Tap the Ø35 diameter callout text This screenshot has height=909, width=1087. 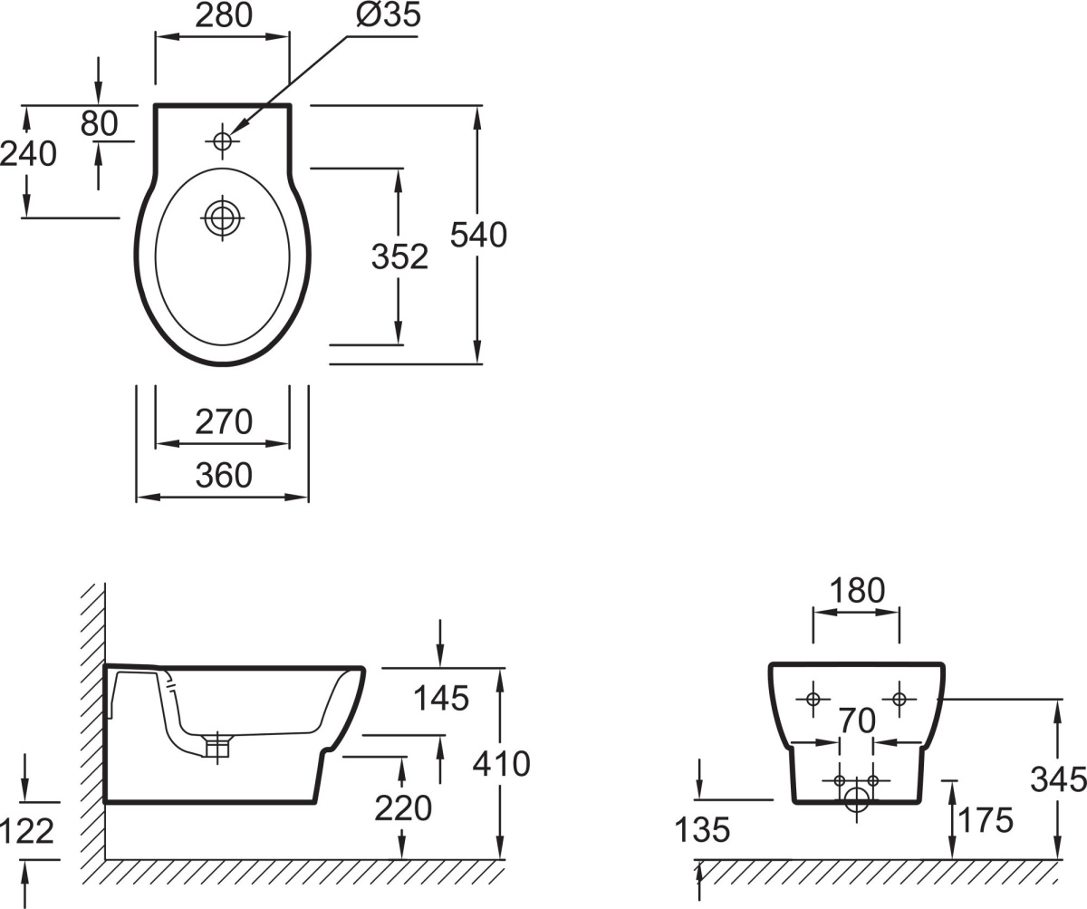[x=389, y=15]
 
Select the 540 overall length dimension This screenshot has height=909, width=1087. [x=479, y=235]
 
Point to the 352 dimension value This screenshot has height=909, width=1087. [x=399, y=257]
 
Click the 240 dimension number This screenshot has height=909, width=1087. [x=28, y=154]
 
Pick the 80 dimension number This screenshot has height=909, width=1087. [x=99, y=124]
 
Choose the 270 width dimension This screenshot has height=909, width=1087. [x=224, y=421]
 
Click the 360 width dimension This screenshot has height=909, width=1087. [x=224, y=475]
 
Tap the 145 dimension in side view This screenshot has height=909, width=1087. [x=441, y=698]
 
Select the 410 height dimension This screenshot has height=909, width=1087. [x=501, y=764]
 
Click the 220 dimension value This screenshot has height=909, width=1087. [x=403, y=807]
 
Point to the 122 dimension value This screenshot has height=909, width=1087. [x=28, y=830]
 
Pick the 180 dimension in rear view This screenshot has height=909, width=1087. [x=856, y=591]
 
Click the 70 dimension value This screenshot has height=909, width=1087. [x=856, y=721]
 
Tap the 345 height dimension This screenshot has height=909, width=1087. [x=1058, y=778]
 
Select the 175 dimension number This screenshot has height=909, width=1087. [x=985, y=820]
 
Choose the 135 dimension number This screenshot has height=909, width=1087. [x=703, y=829]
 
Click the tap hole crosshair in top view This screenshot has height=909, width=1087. [x=222, y=140]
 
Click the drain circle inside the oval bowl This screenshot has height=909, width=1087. [x=222, y=218]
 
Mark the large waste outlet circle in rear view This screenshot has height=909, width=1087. [x=856, y=798]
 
